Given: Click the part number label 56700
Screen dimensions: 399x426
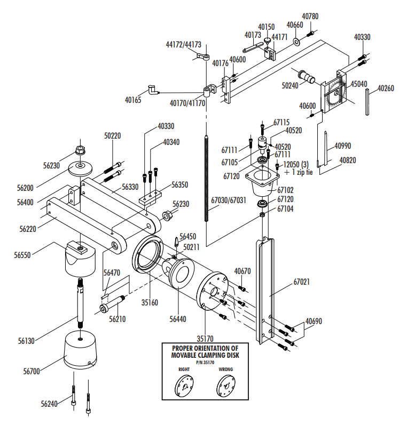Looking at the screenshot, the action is point(32,371).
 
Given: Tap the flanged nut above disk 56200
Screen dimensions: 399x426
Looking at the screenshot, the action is point(80,150).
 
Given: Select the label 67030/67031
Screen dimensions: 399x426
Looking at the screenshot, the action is point(229,200).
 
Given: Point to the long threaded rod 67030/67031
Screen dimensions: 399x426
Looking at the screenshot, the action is point(207,178).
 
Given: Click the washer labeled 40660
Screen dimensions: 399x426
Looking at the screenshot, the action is point(296,42).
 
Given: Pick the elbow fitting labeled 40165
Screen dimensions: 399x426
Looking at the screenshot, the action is point(153,90).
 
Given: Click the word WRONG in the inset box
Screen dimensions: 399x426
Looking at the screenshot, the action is point(225,369).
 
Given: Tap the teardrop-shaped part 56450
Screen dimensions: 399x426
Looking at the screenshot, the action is point(177,242).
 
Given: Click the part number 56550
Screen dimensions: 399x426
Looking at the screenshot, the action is point(22,255).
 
